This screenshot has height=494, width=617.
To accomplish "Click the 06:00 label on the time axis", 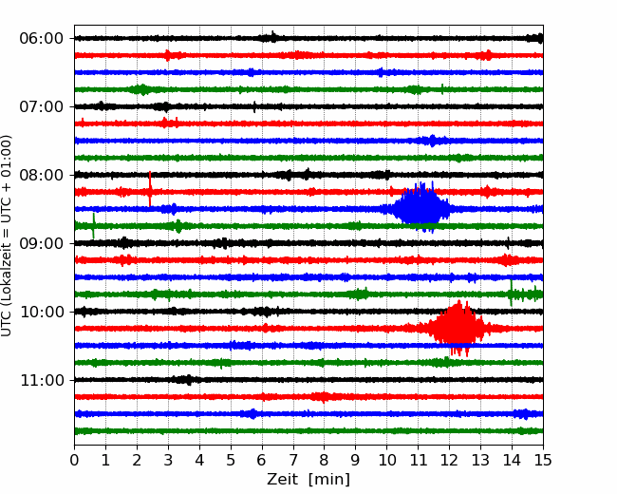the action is click(x=42, y=39).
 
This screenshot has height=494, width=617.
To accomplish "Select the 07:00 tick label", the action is click(x=42, y=106).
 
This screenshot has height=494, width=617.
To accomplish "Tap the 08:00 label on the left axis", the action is click(x=42, y=175).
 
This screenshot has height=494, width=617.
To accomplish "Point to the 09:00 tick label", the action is click(x=42, y=243).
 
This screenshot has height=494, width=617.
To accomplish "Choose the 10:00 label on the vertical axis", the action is click(x=42, y=312).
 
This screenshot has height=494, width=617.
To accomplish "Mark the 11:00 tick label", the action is click(x=42, y=381).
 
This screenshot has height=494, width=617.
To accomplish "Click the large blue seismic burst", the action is click(x=421, y=208).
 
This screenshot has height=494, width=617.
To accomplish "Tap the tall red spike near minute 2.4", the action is click(x=150, y=189).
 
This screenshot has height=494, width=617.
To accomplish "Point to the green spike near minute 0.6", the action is click(x=93, y=226).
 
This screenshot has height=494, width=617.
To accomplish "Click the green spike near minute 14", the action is click(x=511, y=293).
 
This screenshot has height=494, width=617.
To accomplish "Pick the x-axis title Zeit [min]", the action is click(x=308, y=480).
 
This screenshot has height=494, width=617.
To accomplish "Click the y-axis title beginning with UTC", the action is click(x=7, y=236).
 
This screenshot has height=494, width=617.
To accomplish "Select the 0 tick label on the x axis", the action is click(x=74, y=460).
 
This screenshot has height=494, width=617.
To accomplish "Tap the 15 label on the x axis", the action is click(x=543, y=460).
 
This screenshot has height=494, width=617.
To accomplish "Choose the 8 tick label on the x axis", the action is click(x=325, y=460).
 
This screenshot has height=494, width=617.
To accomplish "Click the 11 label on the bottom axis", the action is click(x=419, y=460).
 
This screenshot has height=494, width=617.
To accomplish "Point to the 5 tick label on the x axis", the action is click(x=231, y=460).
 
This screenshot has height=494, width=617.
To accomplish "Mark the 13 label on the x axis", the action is click(x=481, y=460).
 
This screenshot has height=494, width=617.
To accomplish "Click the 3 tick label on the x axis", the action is click(x=168, y=460).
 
